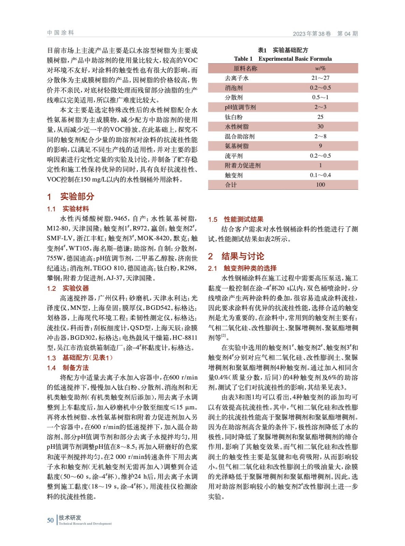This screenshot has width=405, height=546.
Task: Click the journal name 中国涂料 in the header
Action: click(60, 33)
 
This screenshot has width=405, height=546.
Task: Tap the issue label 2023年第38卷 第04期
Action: click(325, 33)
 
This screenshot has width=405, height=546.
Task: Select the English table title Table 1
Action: click(283, 59)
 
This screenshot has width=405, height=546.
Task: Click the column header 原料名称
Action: click(245, 68)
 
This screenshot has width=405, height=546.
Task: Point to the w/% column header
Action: click(320, 68)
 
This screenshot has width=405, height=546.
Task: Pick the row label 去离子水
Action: click(236, 78)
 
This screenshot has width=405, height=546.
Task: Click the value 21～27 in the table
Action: click(320, 78)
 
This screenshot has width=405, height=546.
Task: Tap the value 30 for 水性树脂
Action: click(320, 127)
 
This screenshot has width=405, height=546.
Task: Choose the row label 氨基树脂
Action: click(236, 146)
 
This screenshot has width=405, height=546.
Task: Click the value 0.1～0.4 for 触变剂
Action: click(320, 175)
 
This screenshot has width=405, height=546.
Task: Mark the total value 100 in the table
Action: click(320, 185)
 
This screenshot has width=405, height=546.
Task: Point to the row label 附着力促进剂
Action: click(242, 166)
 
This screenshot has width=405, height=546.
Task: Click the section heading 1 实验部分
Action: click(71, 197)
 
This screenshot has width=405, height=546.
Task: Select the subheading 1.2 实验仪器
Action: click(68, 288)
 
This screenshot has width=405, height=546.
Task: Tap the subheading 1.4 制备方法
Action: click(68, 368)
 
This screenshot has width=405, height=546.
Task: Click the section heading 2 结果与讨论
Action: click(236, 256)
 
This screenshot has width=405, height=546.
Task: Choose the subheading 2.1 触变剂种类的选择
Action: click(242, 268)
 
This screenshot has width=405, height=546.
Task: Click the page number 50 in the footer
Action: click(50, 520)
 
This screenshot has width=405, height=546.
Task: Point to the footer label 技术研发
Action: click(70, 518)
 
